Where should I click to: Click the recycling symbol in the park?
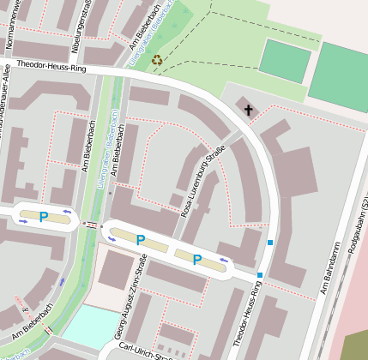pyautogui.click(x=156, y=60)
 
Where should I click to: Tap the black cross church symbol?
pyautogui.click(x=250, y=110)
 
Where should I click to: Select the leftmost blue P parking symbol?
pyautogui.click(x=44, y=216)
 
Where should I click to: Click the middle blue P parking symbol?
pyautogui.click(x=140, y=240)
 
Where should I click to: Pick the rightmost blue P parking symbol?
pyautogui.click(x=196, y=259)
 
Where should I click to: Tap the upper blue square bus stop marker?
pyautogui.click(x=270, y=243)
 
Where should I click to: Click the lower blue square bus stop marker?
pyautogui.click(x=260, y=275)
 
